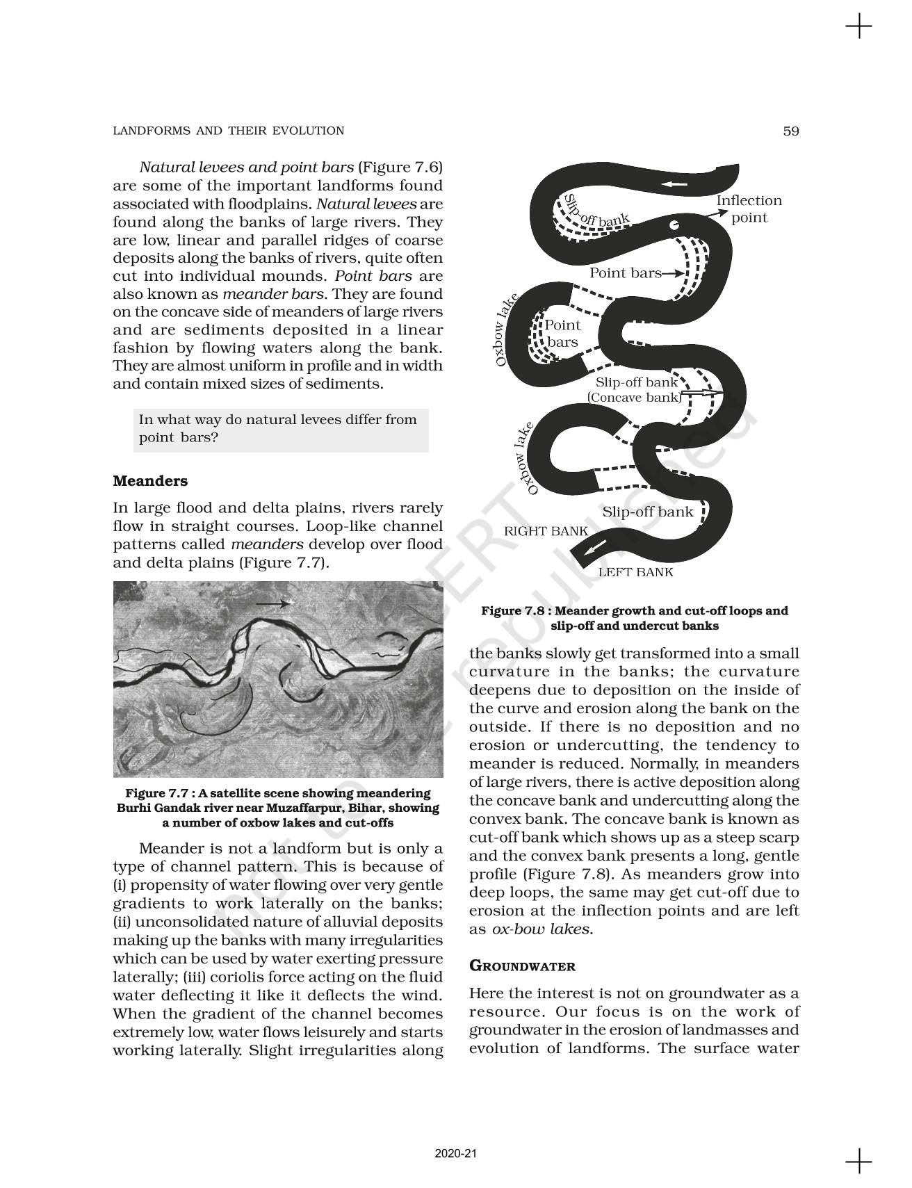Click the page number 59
pyautogui.click(x=790, y=131)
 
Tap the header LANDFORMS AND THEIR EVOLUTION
pyautogui.click(x=228, y=131)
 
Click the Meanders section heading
pyautogui.click(x=150, y=481)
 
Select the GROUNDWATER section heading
pyautogui.click(x=522, y=966)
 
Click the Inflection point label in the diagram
pyautogui.click(x=749, y=209)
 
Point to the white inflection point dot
pyautogui.click(x=673, y=225)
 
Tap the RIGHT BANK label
pyautogui.click(x=546, y=531)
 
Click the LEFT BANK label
pyautogui.click(x=635, y=572)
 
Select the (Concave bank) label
pyautogui.click(x=634, y=398)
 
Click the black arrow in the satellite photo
pyautogui.click(x=272, y=604)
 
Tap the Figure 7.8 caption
pyautogui.click(x=634, y=618)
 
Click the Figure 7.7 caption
pyautogui.click(x=277, y=808)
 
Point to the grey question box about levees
pyautogui.click(x=280, y=429)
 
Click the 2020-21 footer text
pyautogui.click(x=456, y=1153)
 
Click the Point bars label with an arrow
pyautogui.click(x=625, y=273)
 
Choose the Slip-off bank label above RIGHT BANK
pyautogui.click(x=647, y=512)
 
